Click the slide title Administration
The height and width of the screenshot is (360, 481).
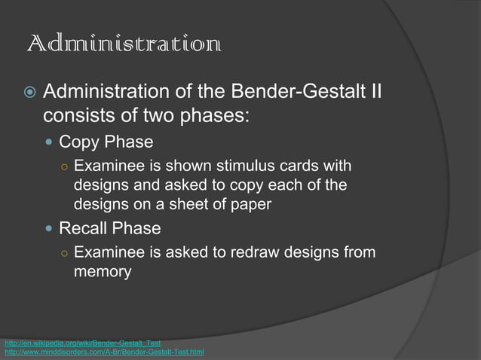point(124,44)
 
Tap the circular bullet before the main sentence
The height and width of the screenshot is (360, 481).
point(28,94)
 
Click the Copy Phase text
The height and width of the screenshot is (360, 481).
point(106,142)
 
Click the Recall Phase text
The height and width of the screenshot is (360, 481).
point(110,227)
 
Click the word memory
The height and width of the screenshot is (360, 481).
point(103,271)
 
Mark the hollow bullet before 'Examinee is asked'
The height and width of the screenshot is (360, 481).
point(66,252)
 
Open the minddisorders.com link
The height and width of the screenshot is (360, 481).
point(104,352)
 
